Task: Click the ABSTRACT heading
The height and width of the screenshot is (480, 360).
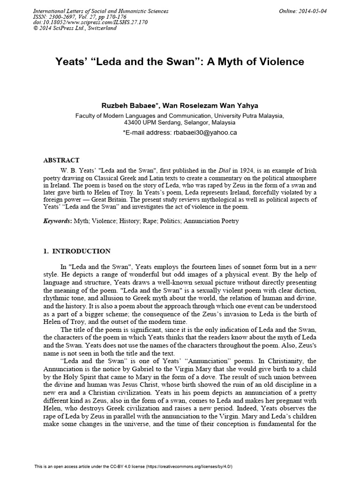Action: (61, 160)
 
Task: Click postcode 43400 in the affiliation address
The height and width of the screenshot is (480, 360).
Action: (133, 122)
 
